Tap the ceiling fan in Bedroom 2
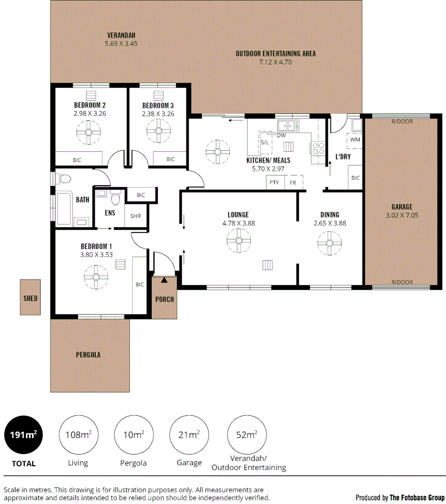tap(89, 133)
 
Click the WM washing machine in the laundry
tap(355, 139)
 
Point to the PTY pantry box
tap(274, 182)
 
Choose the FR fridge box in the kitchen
tap(293, 182)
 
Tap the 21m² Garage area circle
tap(189, 434)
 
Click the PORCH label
tap(164, 299)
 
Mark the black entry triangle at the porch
tap(164, 280)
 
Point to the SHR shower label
tap(135, 216)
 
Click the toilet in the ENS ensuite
tap(115, 199)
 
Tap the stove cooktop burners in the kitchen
tap(318, 148)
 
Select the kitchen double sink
tap(288, 125)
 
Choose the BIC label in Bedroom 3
tap(170, 159)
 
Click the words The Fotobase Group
tap(417, 497)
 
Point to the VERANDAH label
tap(121, 35)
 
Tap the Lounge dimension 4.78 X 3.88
tap(238, 223)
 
